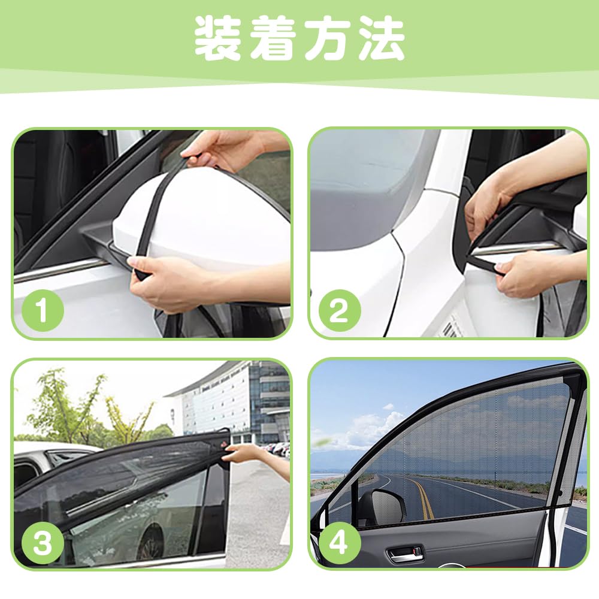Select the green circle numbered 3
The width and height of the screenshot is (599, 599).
(x=43, y=543)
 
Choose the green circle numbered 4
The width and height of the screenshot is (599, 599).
(x=339, y=543)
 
